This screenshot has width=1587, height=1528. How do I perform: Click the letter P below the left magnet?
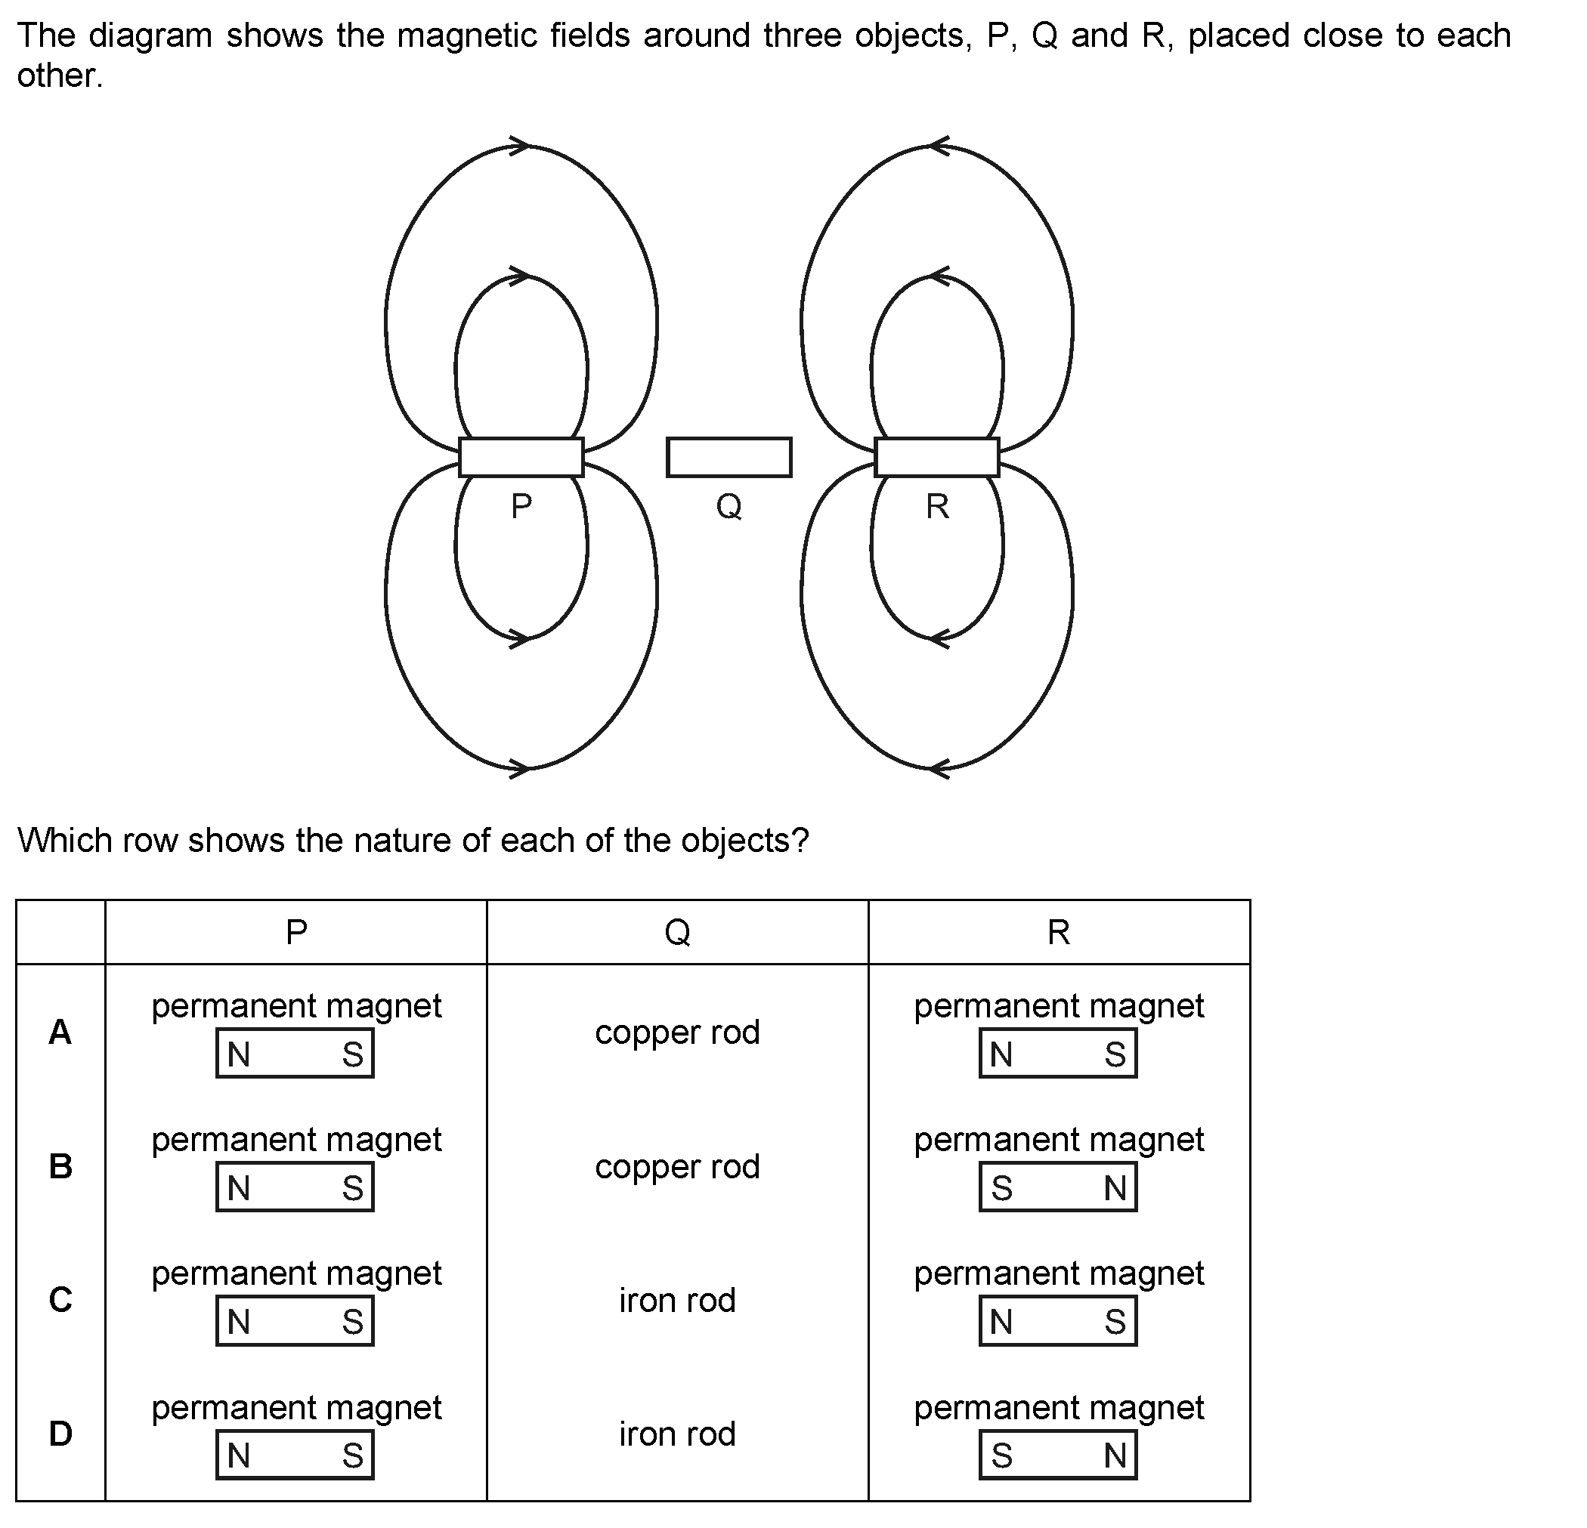(521, 506)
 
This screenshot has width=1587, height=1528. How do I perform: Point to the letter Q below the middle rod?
(729, 507)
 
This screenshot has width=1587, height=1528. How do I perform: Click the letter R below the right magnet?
(938, 506)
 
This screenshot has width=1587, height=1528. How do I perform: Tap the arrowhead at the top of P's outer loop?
(519, 146)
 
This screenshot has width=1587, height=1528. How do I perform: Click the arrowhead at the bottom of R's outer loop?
(939, 767)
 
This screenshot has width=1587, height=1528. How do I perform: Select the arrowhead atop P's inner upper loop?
(519, 275)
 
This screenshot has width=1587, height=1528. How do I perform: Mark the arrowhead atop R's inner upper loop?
(939, 275)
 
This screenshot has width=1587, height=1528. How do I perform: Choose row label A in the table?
(60, 1032)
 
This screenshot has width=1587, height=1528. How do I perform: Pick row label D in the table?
(60, 1434)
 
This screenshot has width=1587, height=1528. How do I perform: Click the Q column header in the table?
(677, 932)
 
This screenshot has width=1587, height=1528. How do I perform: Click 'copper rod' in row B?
(677, 1166)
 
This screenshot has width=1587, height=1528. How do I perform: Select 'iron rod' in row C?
(677, 1300)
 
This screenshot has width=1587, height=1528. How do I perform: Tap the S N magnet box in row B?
(1058, 1187)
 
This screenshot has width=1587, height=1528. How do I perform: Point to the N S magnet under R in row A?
(1058, 1053)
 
